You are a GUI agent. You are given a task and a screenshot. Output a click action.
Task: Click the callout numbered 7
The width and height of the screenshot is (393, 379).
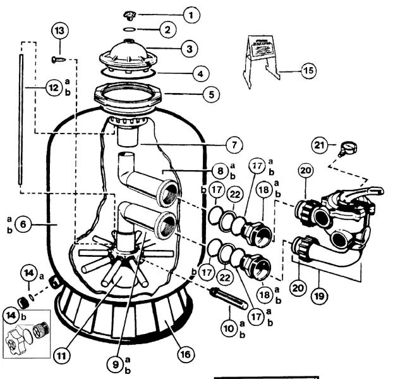point(233,146)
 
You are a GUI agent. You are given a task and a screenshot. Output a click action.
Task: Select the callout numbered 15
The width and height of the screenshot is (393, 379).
point(307,70)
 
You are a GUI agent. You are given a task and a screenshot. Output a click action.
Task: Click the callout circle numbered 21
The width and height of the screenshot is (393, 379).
point(320,146)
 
